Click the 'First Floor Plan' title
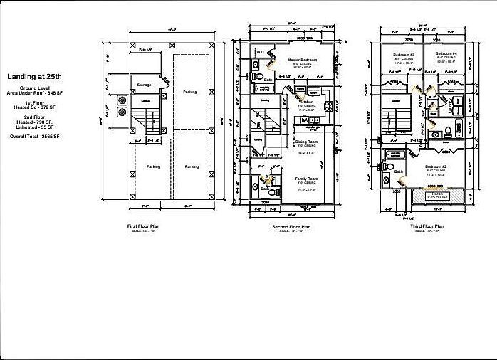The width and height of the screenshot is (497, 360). coord(145,226)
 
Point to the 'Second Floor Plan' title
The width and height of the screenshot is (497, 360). coord(291,226)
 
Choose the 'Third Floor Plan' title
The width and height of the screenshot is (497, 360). coord(427,226)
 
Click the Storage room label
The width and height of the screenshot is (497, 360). coord(145,85)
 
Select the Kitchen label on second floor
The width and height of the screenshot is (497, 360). coord(305,102)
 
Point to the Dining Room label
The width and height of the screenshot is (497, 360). coord(306,142)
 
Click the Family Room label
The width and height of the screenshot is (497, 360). coord(306,179)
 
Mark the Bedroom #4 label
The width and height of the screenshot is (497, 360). coord(446,55)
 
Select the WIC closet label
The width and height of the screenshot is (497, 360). coord(261,52)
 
